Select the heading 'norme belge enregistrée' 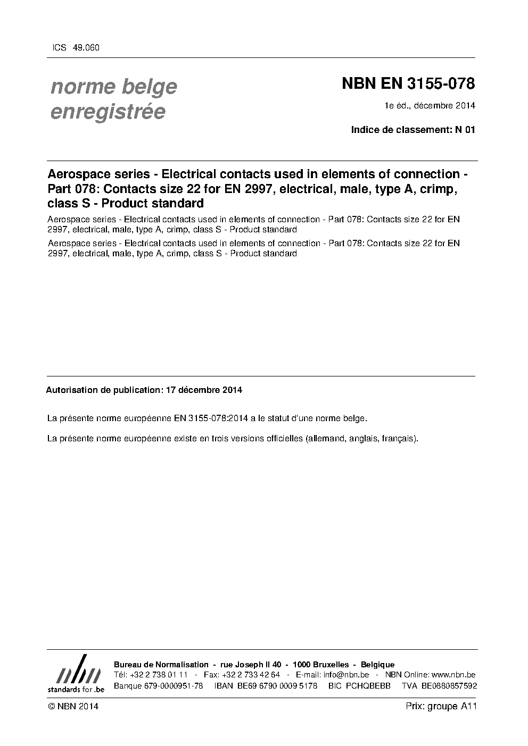point(113,99)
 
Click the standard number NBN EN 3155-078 point(408,84)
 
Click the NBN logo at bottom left point(76,674)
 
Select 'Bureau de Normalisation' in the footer point(161,665)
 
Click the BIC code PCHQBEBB point(368,686)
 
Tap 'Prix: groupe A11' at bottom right point(441,707)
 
